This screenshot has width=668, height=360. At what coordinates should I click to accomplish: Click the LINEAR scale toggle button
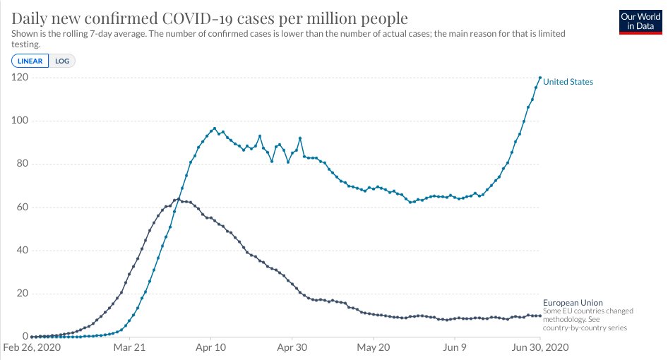point(30,61)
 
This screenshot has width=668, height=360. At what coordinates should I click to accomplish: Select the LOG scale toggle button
point(62,61)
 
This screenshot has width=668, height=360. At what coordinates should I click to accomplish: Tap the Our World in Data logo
point(640,21)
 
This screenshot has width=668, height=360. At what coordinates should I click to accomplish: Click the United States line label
point(568,82)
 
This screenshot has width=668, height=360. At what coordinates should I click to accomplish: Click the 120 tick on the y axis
point(19,77)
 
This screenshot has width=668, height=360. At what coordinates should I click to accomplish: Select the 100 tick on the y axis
point(19,121)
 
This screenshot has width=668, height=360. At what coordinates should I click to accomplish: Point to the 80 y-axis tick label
point(21,164)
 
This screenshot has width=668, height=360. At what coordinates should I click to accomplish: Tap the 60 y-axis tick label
point(21,208)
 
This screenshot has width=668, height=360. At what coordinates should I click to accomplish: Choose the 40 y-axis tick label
point(21,251)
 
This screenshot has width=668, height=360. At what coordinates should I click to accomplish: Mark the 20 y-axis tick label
point(21,294)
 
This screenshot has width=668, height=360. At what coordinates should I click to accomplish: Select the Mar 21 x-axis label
point(129,348)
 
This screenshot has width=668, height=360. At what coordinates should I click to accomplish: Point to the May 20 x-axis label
point(374,348)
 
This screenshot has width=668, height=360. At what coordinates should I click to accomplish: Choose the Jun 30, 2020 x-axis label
point(538,348)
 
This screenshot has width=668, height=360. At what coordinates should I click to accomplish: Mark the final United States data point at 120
point(540,78)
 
